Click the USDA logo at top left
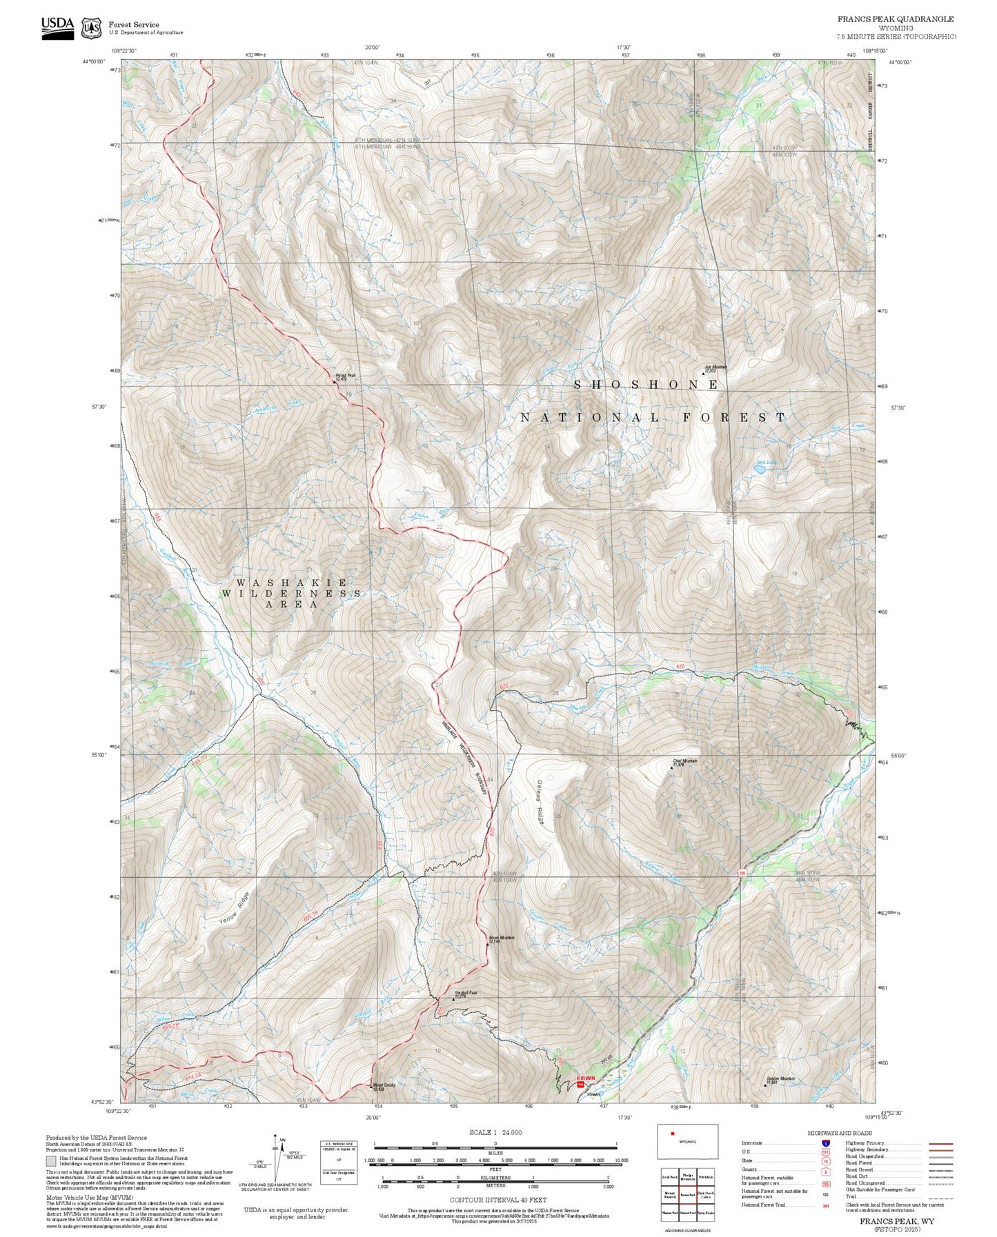click(x=57, y=28)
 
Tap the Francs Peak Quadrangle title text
click(x=896, y=19)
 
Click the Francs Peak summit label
click(x=345, y=377)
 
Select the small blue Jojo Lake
click(x=759, y=469)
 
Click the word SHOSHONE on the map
click(x=646, y=385)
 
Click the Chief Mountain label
click(x=684, y=763)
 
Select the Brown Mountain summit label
click(x=502, y=940)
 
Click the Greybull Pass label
click(x=465, y=994)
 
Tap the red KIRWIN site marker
click(x=580, y=1085)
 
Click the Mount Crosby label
click(x=384, y=1087)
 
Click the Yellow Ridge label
click(x=233, y=909)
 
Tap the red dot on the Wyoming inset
click(x=672, y=1133)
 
